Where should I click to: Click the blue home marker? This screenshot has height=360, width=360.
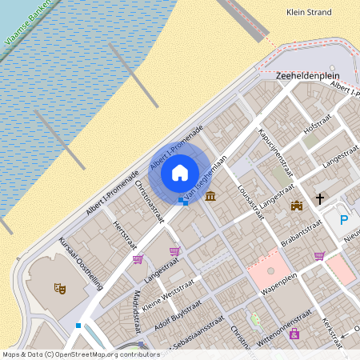coord(180,173)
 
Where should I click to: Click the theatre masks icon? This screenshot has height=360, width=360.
coord(58,287)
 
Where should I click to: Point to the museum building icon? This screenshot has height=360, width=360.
coord(210,196)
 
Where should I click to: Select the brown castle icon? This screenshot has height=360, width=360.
coord(297,206)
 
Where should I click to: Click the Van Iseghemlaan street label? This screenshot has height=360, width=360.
coord(202,181)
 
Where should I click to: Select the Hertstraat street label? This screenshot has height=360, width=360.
coord(122,235)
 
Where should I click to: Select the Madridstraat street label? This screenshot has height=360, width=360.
coord(135,313)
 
